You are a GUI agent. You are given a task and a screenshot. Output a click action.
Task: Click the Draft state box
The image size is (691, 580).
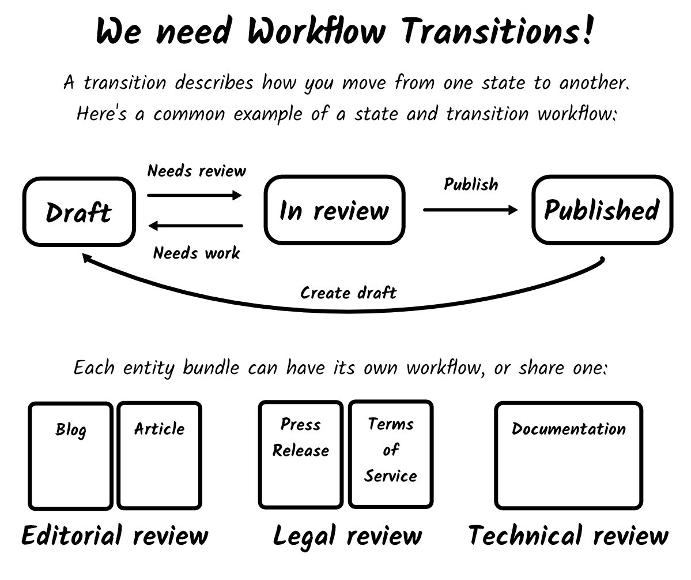coord(78,212)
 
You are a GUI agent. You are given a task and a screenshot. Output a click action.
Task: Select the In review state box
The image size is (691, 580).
coord(334,210)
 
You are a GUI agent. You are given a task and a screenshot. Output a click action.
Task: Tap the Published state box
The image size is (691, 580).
coord(602,210)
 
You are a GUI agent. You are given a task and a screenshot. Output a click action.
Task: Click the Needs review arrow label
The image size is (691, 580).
coord(197,171)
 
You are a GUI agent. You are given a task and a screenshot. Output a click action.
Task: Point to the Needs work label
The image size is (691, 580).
coord(197,253)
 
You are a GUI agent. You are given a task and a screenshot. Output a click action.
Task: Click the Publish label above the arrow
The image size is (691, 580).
coord(471,184)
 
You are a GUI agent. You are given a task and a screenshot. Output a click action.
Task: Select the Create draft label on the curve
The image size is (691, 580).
coord(348,293)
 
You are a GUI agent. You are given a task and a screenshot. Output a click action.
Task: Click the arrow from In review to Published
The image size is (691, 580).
coord(470,210)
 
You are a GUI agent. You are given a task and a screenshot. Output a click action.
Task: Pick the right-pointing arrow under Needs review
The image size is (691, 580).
coord(195,196)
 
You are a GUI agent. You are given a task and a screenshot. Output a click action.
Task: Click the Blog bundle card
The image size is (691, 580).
coord(71,456)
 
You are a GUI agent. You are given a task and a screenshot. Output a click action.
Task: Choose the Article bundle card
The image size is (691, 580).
coord(160,456)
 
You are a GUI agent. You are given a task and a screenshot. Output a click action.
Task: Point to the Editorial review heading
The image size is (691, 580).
coord(115,536)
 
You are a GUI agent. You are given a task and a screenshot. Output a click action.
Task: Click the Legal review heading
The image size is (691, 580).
coord(347,536)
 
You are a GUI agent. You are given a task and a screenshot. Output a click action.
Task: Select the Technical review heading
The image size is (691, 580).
coord(568,536)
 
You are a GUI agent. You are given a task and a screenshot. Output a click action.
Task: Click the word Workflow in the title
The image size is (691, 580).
coord(316,32)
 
